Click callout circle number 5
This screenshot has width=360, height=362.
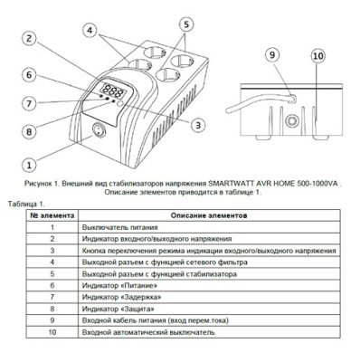(x=185, y=24)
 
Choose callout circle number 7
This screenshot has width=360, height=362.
(x=30, y=102)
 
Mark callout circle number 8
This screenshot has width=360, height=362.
(x=30, y=130)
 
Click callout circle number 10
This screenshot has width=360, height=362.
(x=316, y=55)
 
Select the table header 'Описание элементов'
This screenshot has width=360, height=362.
(x=203, y=215)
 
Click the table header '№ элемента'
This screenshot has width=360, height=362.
(x=52, y=215)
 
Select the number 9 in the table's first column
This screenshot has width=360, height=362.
(x=52, y=319)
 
